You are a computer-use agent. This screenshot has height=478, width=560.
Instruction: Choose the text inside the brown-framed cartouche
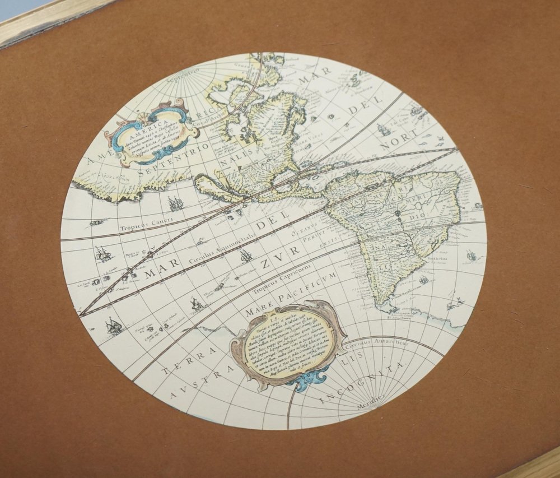coord(288,343)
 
